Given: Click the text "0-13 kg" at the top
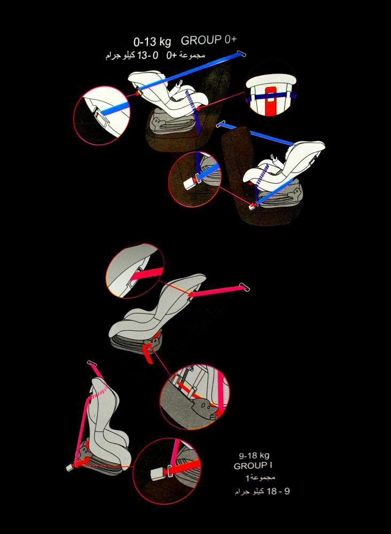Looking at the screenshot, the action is click(x=152, y=42).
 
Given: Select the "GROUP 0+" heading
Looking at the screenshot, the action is click(x=208, y=40).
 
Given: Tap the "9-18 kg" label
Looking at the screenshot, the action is click(x=254, y=456).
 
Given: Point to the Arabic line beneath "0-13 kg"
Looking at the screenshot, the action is click(x=155, y=56).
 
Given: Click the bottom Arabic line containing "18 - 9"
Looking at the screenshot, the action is click(x=262, y=492).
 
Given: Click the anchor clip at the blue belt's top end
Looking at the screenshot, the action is click(x=240, y=53).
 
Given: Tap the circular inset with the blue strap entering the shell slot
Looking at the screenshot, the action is click(x=102, y=116).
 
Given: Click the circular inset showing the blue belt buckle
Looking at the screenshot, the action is click(x=195, y=179).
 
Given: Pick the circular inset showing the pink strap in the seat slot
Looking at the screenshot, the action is click(x=135, y=271).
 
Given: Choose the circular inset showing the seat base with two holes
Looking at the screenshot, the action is click(x=194, y=397).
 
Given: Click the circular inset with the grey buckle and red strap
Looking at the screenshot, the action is click(x=167, y=471).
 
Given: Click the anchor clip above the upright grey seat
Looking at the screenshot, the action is click(x=92, y=363).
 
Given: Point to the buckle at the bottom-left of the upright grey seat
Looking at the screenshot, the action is click(x=70, y=467).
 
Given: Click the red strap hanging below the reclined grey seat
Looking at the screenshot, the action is click(x=148, y=354).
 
